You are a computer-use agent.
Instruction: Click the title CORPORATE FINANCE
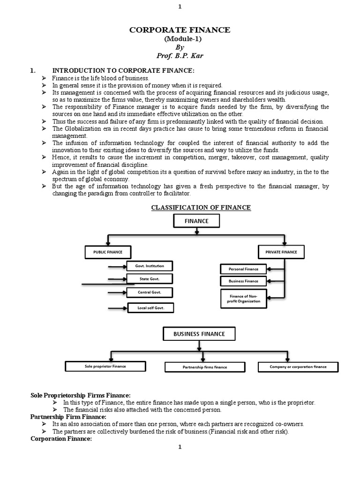click(x=180, y=30)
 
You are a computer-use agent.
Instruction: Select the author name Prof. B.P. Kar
click(x=180, y=56)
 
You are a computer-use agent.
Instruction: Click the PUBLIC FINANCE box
click(x=108, y=252)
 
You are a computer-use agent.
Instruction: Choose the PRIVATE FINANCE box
click(x=281, y=252)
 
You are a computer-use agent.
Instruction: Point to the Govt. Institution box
click(x=150, y=266)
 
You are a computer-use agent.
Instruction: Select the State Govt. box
click(x=150, y=279)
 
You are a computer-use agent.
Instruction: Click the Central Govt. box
click(x=150, y=292)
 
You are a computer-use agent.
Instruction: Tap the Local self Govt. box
click(x=150, y=308)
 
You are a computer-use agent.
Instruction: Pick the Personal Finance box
click(x=243, y=269)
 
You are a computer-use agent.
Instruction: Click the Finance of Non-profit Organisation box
click(x=243, y=299)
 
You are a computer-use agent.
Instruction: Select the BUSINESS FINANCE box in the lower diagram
click(x=199, y=334)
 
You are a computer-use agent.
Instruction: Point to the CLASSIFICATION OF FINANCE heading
click(x=201, y=208)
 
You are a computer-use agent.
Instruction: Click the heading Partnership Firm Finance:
click(x=68, y=417)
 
